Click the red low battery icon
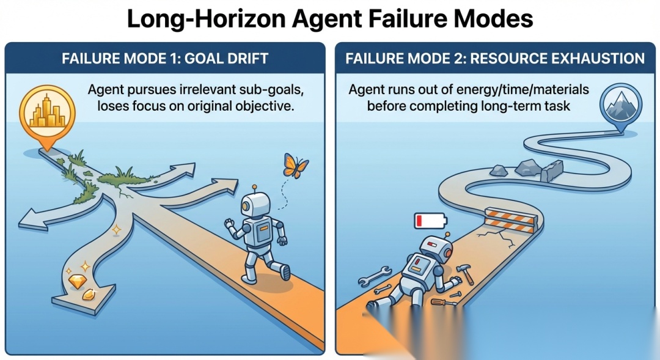pos(430,220)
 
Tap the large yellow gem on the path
pos(77,281)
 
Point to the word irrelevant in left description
pos(208,89)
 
